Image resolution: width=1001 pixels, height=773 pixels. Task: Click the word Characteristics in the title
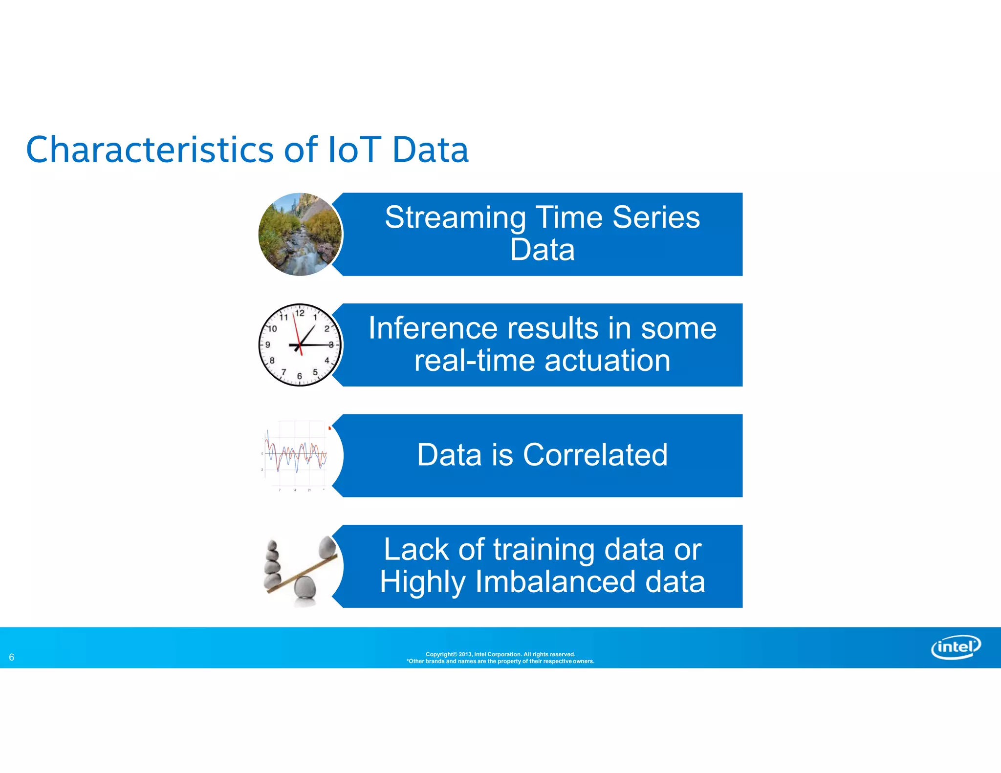(149, 150)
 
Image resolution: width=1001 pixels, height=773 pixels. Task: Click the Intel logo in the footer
(956, 647)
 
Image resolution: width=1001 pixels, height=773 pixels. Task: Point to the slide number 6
(12, 657)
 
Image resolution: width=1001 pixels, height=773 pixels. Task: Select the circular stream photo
(300, 235)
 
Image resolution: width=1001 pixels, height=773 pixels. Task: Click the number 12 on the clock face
(300, 313)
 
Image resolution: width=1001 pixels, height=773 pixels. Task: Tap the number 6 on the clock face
(300, 376)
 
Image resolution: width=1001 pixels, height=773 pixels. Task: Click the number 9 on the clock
(268, 345)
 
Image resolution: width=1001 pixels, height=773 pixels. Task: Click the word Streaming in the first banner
(455, 217)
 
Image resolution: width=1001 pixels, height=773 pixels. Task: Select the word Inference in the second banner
(433, 328)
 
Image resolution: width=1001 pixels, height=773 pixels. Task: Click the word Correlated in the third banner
(595, 455)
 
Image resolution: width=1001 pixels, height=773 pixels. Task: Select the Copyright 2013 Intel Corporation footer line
(500, 654)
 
